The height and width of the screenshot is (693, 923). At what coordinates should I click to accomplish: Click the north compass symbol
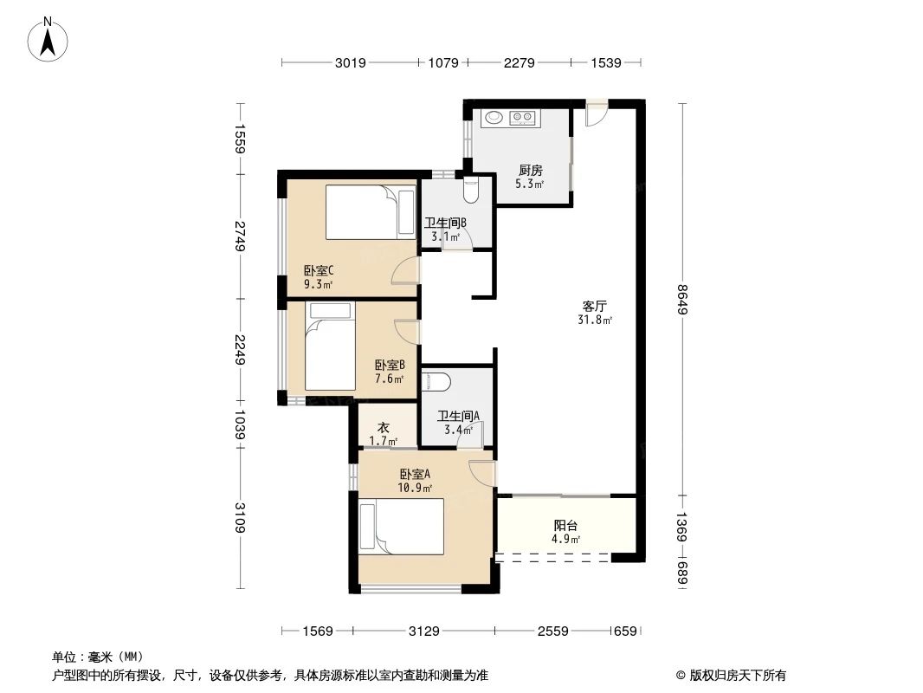point(49,39)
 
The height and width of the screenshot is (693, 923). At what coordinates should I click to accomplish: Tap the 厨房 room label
point(531,171)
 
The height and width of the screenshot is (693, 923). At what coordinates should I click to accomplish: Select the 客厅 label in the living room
point(594,307)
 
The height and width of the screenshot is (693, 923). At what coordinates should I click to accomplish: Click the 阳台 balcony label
point(565,525)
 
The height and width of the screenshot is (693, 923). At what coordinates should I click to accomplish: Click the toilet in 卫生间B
point(470,188)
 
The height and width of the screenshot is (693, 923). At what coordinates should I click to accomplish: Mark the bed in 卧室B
point(329,351)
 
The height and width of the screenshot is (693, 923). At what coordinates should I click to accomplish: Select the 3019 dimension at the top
point(351,62)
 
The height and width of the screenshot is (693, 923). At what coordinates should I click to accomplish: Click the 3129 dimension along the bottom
point(426,631)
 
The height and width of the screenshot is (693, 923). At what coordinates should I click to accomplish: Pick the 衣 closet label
point(383,427)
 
